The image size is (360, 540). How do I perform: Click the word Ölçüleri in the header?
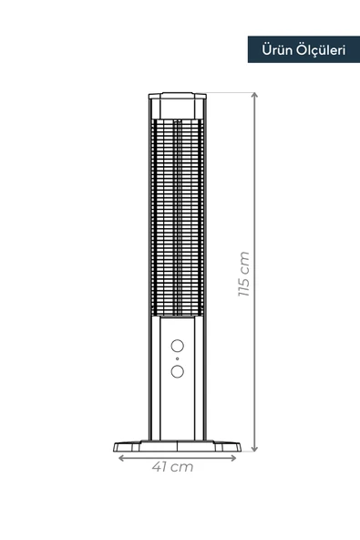coord(319,50)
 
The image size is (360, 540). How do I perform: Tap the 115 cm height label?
coord(242,275)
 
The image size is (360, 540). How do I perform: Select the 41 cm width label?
coord(172,467)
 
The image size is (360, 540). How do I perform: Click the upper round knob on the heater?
coord(178,347)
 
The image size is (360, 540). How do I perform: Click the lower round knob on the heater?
coord(178,371)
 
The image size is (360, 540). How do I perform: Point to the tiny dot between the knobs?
coord(178,359)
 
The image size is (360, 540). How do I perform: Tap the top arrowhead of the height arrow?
coord(254,95)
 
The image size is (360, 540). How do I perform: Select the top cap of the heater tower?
coord(177,98)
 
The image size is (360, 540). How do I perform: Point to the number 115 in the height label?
coord(242,286)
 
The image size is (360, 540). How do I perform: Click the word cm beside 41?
coord(182,467)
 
